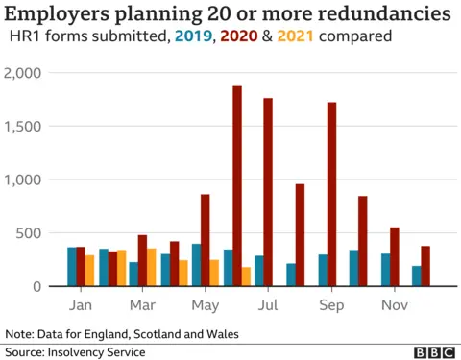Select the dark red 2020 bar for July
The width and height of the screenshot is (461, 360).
pyautogui.click(x=268, y=192)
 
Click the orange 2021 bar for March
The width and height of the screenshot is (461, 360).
pyautogui.click(x=152, y=268)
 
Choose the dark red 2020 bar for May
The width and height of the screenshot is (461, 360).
pyautogui.click(x=205, y=240)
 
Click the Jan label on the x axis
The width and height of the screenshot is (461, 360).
pyautogui.click(x=82, y=304)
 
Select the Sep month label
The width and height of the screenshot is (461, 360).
pyautogui.click(x=331, y=304)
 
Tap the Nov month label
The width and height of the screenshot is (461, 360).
pyautogui.click(x=394, y=304)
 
